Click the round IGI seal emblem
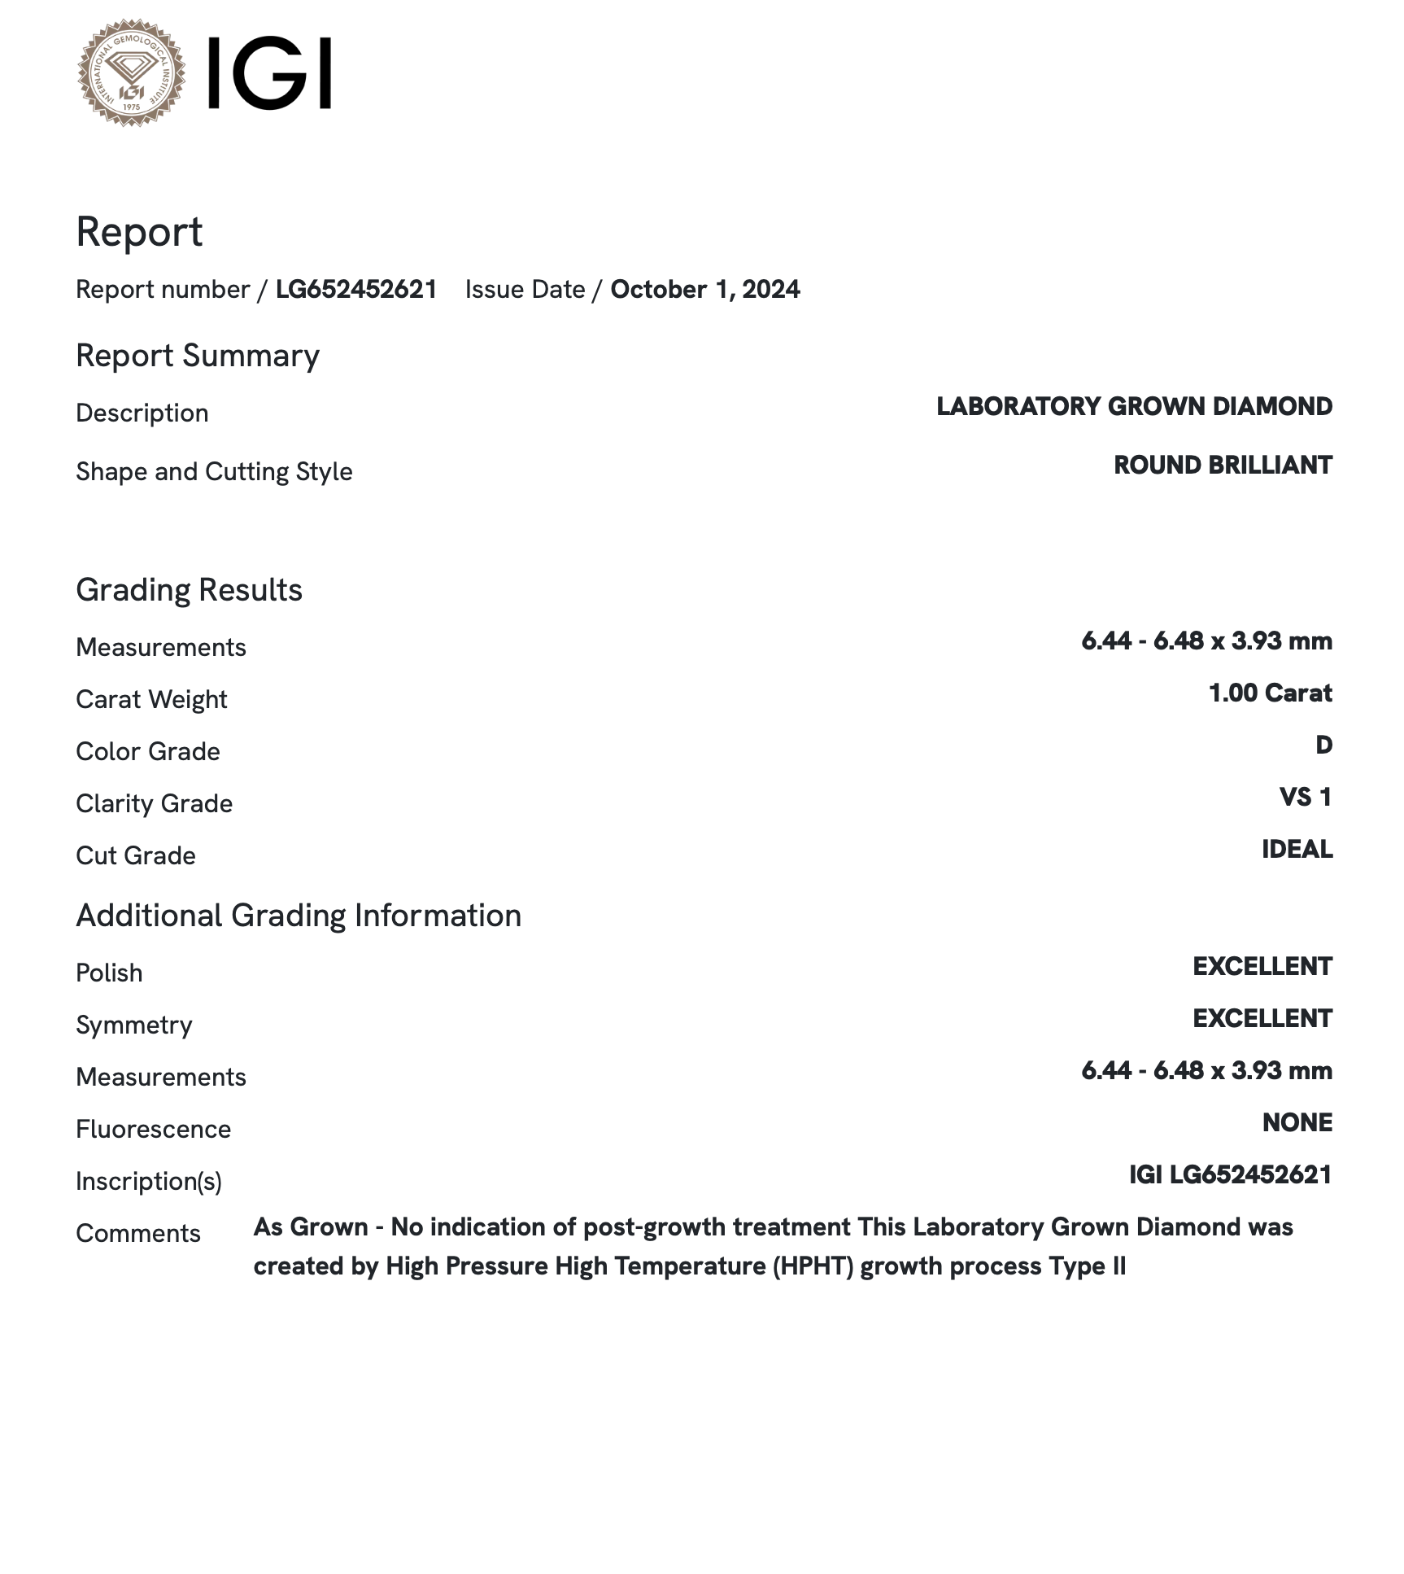pyautogui.click(x=131, y=73)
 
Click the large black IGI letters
pyautogui.click(x=269, y=73)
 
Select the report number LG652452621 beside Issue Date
pyautogui.click(x=356, y=290)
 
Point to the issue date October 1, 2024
pyautogui.click(x=704, y=290)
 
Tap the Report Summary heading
pyautogui.click(x=198, y=356)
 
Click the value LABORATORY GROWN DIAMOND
pyautogui.click(x=1134, y=406)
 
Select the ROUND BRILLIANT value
pyautogui.click(x=1223, y=465)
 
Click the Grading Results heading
pyautogui.click(x=189, y=590)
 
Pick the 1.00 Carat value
pyautogui.click(x=1270, y=693)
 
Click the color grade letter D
pyautogui.click(x=1323, y=745)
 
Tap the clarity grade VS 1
pyautogui.click(x=1306, y=797)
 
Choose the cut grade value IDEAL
pyautogui.click(x=1297, y=849)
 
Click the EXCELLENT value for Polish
pyautogui.click(x=1262, y=966)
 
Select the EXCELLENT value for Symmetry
pyautogui.click(x=1262, y=1018)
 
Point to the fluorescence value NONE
pyautogui.click(x=1297, y=1122)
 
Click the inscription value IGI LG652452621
pyautogui.click(x=1230, y=1174)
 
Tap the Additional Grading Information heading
pyautogui.click(x=299, y=916)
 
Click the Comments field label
pyautogui.click(x=138, y=1233)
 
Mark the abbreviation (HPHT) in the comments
pyautogui.click(x=813, y=1266)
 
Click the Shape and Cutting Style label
pyautogui.click(x=214, y=471)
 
